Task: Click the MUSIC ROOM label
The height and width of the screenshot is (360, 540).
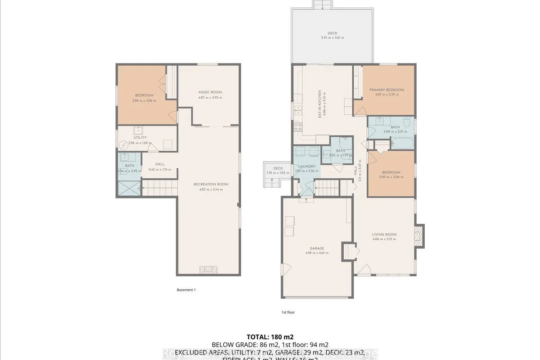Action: pos(210,92)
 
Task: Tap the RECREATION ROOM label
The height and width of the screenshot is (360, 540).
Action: pos(211,184)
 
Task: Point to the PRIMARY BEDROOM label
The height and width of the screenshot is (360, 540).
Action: pos(387,90)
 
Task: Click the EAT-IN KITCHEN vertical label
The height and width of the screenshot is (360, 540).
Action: pos(320,104)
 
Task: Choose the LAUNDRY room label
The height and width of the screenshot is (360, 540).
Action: pos(306,166)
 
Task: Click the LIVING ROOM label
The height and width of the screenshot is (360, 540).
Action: pos(384,234)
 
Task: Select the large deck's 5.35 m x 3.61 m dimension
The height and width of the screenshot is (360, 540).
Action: pos(332,38)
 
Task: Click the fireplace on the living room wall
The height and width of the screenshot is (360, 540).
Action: pos(418,236)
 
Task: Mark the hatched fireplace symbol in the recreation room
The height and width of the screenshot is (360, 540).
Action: pos(209,270)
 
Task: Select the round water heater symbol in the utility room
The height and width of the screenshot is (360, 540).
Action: pos(125,145)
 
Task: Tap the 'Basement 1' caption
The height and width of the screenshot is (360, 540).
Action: pos(186,290)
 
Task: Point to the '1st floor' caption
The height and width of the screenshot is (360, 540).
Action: pos(288,312)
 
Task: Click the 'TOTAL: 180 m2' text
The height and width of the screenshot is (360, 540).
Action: pos(270,337)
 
